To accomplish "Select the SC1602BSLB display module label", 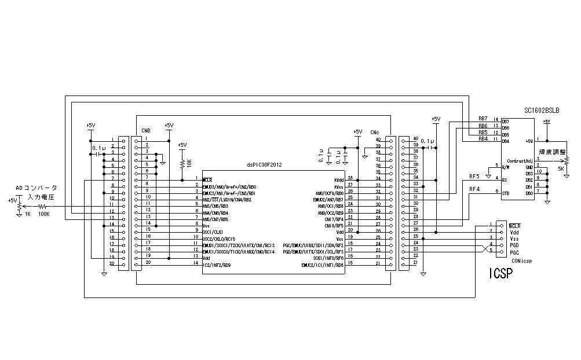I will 541,110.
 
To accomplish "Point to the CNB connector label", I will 145,131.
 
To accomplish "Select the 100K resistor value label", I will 44,214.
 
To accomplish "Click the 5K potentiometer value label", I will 560,168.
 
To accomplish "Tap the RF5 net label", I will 474,175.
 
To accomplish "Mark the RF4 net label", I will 474,189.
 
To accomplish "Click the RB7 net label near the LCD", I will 483,118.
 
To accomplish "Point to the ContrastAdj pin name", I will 519,160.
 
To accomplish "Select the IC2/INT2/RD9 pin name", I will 217,265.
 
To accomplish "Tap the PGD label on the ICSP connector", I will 514,244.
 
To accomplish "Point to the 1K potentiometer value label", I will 27,214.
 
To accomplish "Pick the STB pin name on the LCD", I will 505,193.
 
